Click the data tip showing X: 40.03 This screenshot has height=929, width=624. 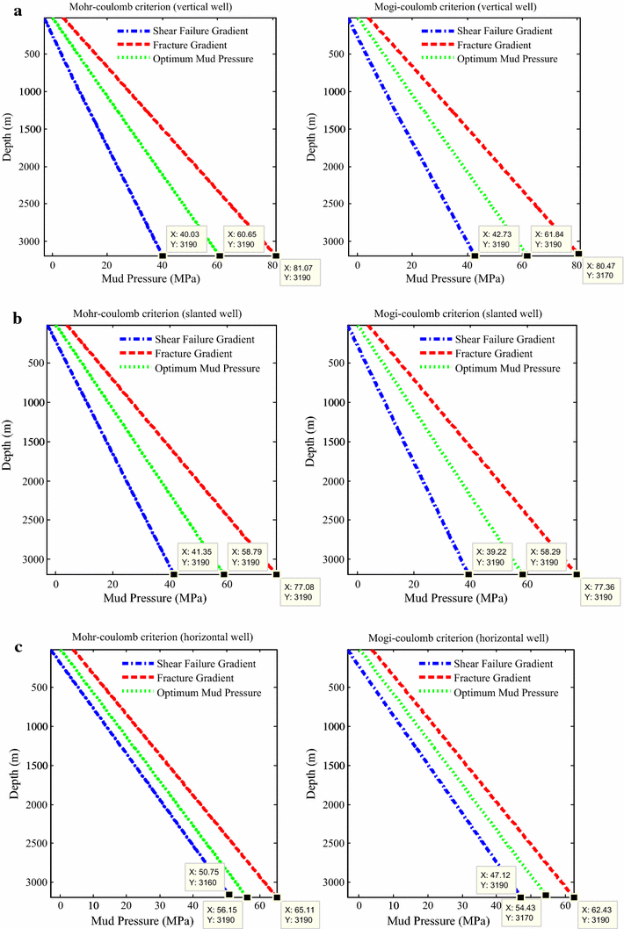tap(191, 238)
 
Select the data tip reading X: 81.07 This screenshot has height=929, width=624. tap(301, 272)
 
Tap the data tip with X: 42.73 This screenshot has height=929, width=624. tap(500, 238)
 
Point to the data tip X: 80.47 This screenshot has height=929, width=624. tap(604, 270)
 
